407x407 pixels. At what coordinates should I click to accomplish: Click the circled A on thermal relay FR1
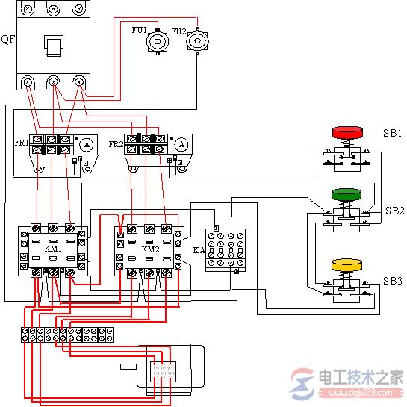point(86,143)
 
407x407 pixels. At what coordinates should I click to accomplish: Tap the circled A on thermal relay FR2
point(181,143)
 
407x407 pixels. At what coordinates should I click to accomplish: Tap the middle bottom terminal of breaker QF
point(53,82)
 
